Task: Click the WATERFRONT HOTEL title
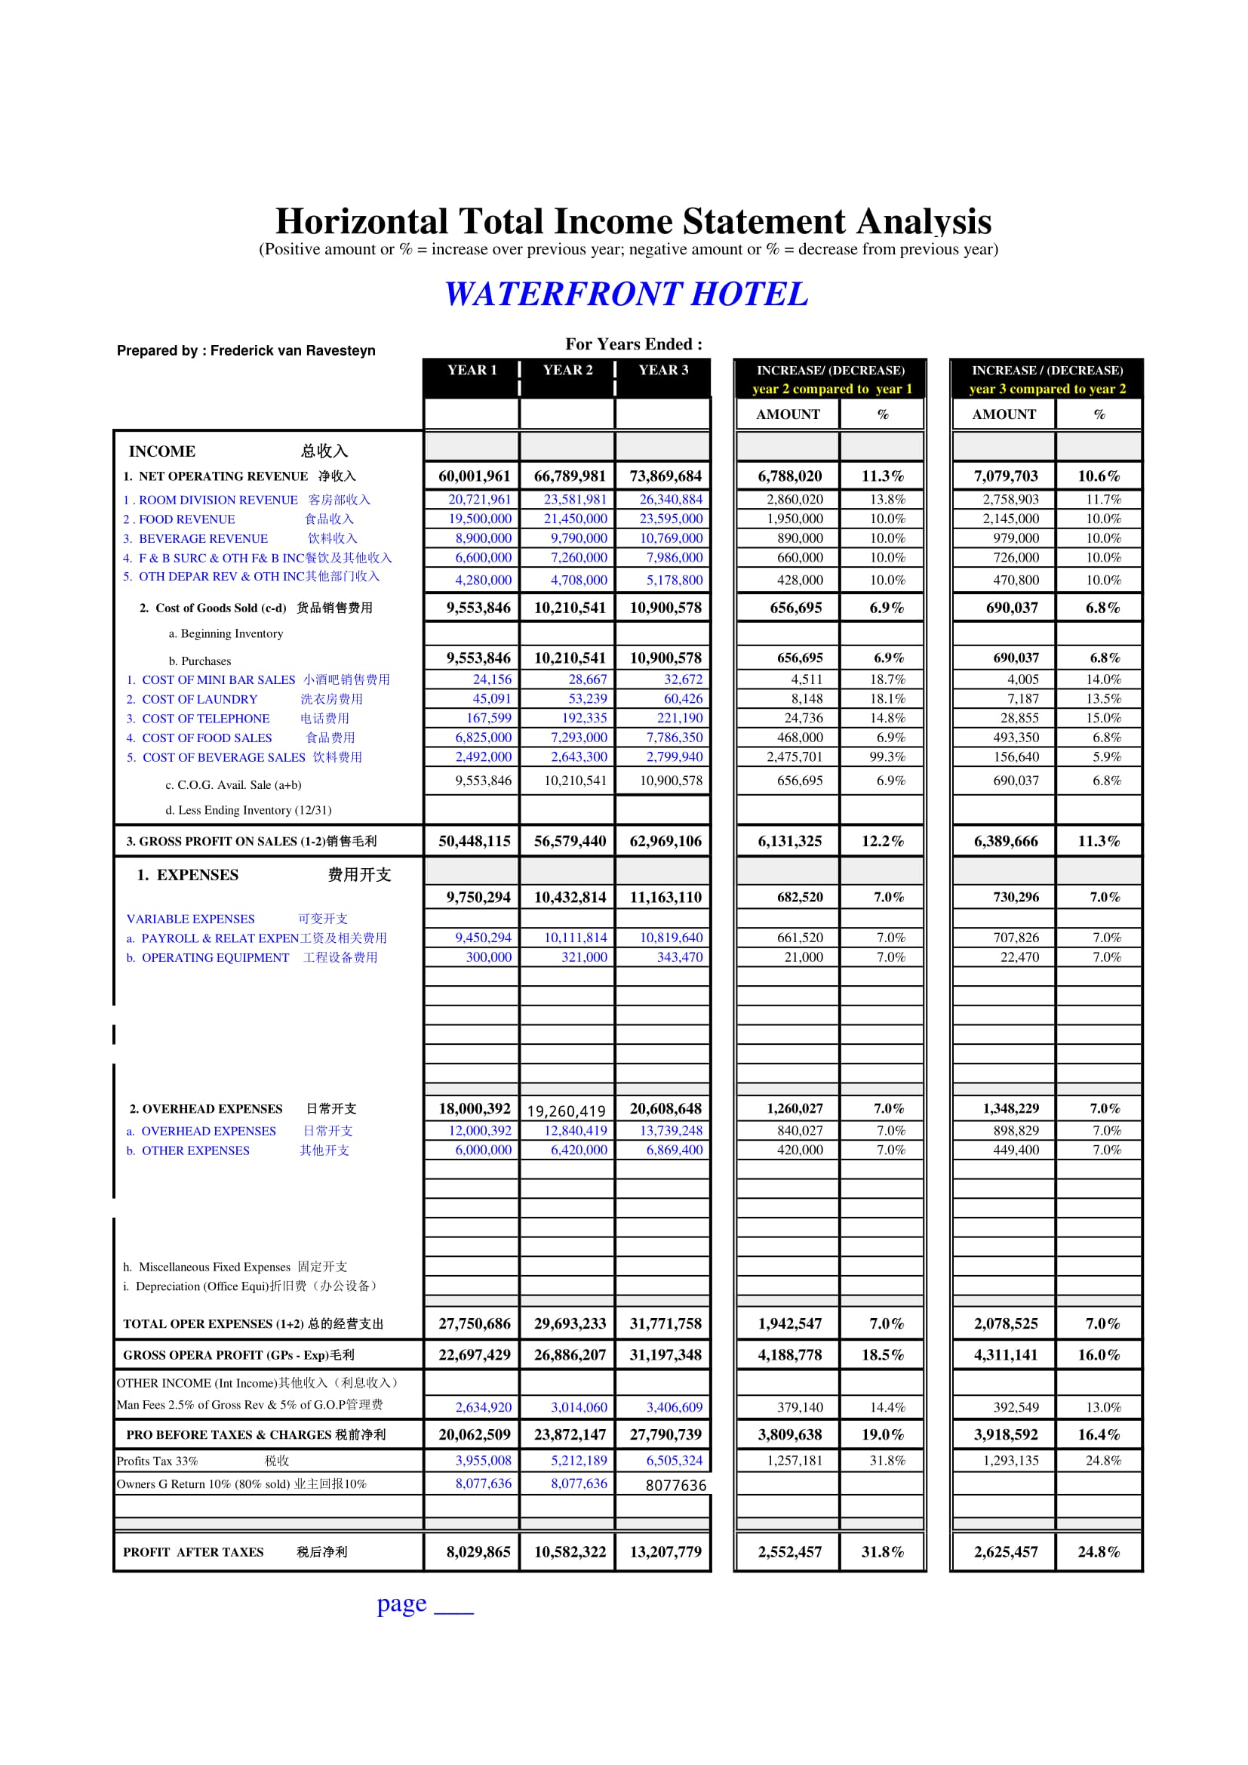click(626, 294)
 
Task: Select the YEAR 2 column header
click(567, 370)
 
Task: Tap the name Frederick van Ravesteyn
click(293, 350)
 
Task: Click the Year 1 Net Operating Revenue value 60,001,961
click(473, 476)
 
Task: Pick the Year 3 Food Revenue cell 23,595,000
click(670, 519)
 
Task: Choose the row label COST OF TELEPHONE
click(205, 719)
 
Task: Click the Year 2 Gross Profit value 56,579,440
click(570, 841)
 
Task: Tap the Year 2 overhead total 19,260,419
click(567, 1110)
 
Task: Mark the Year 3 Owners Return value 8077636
click(675, 1485)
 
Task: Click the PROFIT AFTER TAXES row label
click(193, 1552)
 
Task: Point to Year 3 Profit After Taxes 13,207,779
click(665, 1552)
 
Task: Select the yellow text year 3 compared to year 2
click(1047, 389)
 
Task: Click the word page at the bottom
click(401, 1603)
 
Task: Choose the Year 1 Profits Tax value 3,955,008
click(483, 1461)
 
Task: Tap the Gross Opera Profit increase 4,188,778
click(789, 1355)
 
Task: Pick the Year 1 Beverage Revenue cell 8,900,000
click(483, 538)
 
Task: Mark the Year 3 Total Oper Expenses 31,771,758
click(665, 1324)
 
